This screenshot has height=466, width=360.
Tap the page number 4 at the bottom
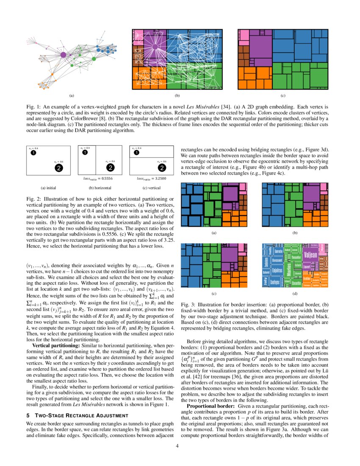[178, 445]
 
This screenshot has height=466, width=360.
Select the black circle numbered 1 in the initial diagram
[33, 153]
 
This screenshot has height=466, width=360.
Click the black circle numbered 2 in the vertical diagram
[161, 168]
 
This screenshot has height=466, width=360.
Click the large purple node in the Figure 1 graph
[63, 55]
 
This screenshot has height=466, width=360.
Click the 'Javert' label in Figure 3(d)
[307, 267]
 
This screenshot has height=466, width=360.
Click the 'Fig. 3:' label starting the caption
[187, 305]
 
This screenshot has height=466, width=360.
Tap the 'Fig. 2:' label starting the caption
[32, 199]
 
